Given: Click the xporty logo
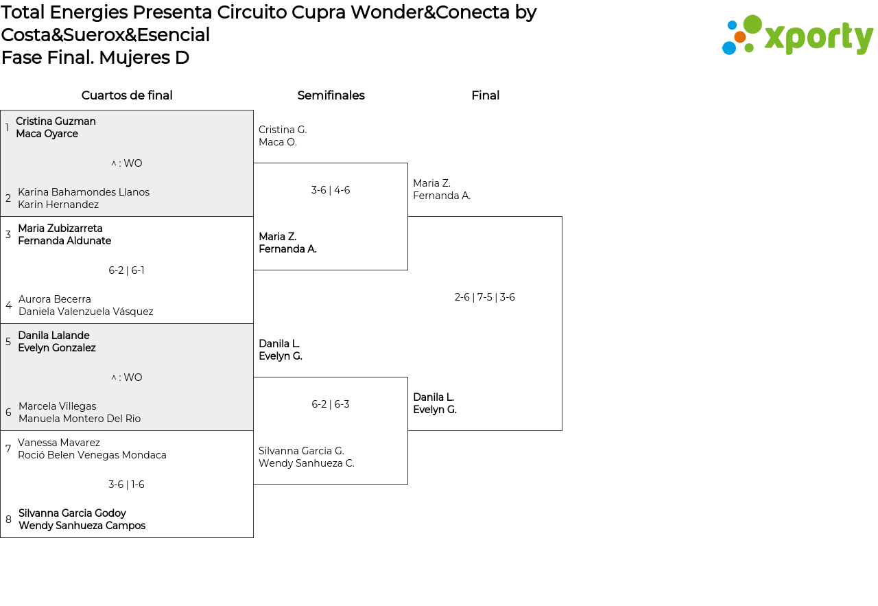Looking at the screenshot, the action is coord(797,35).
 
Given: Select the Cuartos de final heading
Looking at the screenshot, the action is coord(127,95).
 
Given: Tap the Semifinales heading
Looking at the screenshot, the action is coord(331,95).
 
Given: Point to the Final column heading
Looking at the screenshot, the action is coord(485,95).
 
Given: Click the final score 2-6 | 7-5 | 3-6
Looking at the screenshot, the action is coord(484,297).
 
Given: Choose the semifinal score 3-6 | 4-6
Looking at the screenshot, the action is coord(331,190).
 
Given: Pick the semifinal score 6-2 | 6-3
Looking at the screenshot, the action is coord(331,404).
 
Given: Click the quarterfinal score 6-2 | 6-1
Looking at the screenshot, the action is coord(126,270).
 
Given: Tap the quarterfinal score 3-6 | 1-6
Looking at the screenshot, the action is coord(126,485).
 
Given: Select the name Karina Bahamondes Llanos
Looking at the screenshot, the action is coord(84,192).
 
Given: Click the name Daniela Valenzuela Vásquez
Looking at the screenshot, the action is coord(86,312).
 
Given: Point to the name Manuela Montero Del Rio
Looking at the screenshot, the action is coord(80,419).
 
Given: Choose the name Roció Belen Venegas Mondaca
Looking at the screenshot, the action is coord(92,455).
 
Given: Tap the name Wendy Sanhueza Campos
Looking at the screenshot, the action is coord(82,526).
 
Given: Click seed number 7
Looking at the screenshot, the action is coord(8,448).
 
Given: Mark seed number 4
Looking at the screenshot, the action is coord(8,305).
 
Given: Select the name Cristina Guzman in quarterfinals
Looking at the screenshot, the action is coord(56,121).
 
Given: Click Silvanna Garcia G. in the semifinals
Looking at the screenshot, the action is coord(301,451).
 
